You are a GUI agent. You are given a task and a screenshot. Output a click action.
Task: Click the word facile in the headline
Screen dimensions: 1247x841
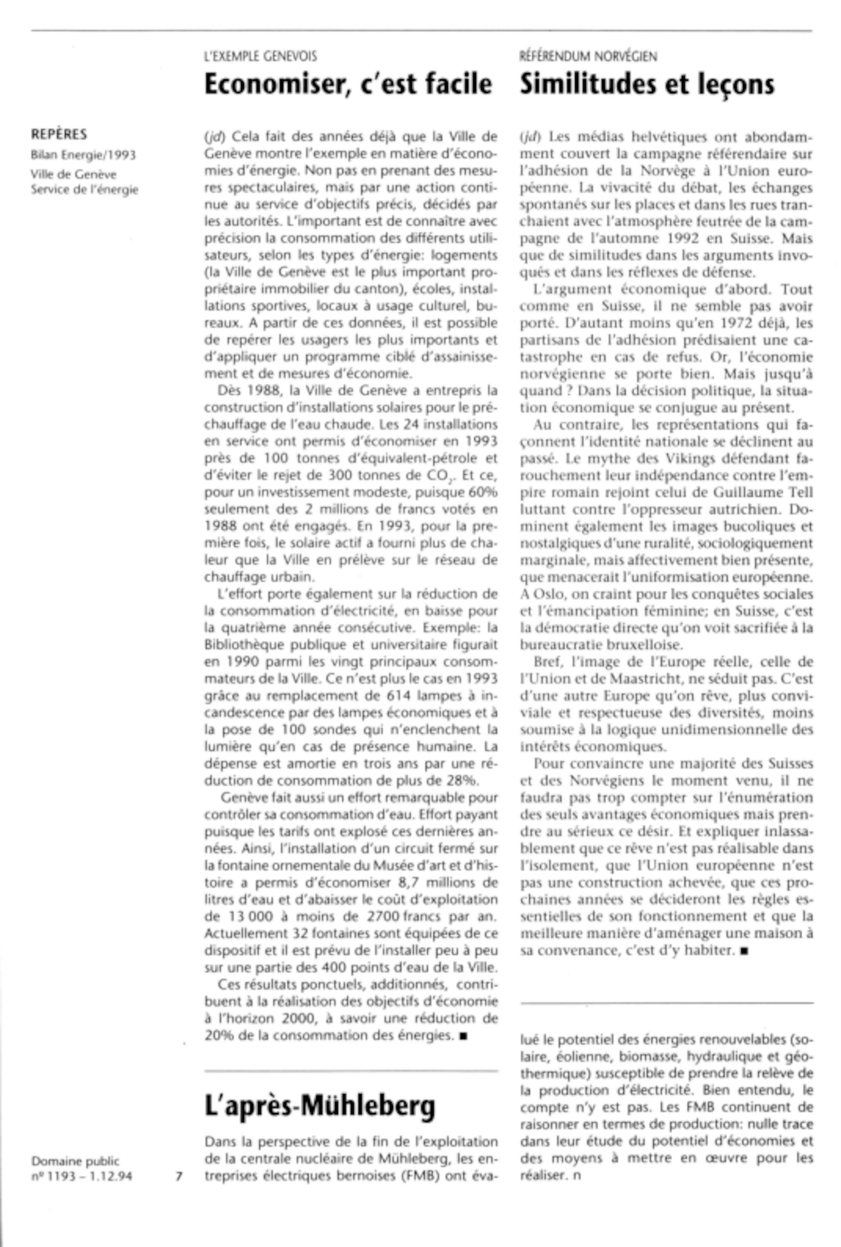[x=459, y=84]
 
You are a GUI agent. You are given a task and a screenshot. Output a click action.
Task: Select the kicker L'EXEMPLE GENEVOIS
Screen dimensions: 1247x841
[x=261, y=56]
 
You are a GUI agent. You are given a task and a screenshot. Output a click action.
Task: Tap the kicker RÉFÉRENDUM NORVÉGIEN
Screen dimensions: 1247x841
[x=588, y=56]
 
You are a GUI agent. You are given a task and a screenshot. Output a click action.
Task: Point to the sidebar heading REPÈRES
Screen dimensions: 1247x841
[x=58, y=134]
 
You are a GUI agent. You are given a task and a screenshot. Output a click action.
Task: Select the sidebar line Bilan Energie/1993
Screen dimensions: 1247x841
[x=83, y=155]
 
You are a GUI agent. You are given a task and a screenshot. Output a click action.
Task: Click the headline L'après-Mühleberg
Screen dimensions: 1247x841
[x=320, y=1105]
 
